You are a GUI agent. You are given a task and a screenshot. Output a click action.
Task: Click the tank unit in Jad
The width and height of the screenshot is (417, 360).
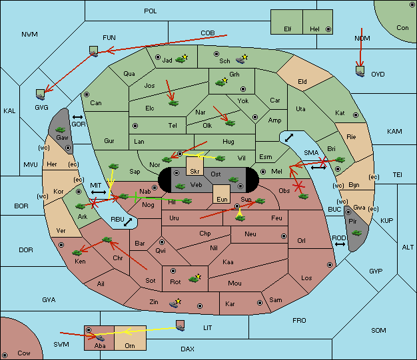pyautogui.click(x=181, y=59)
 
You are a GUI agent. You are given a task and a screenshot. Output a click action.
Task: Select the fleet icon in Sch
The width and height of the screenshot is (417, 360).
pyautogui.click(x=240, y=60)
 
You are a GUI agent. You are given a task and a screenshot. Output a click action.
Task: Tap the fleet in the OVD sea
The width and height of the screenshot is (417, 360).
pyautogui.click(x=360, y=71)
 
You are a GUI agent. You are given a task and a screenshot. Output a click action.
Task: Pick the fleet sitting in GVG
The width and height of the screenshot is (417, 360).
pyautogui.click(x=41, y=94)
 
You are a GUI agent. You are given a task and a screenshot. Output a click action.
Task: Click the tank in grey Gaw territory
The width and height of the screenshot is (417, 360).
pyautogui.click(x=61, y=130)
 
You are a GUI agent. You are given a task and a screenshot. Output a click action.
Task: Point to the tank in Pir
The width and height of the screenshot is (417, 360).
pyautogui.click(x=356, y=233)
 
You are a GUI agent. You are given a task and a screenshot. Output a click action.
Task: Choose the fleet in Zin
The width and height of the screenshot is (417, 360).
pyautogui.click(x=174, y=303)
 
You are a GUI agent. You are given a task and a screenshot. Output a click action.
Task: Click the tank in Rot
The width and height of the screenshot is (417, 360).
pyautogui.click(x=194, y=279)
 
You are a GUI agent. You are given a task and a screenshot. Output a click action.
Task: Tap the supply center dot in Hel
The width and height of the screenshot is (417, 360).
pyautogui.click(x=328, y=29)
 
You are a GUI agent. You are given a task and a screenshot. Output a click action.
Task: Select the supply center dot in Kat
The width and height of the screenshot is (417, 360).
pyautogui.click(x=356, y=115)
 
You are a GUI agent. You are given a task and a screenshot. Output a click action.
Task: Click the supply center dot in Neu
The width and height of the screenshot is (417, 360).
pyautogui.click(x=284, y=236)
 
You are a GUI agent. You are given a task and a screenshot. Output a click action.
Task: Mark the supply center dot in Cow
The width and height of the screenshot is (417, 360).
pyautogui.click(x=5, y=355)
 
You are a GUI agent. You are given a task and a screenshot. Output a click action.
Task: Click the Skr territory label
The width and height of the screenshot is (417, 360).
pyautogui.click(x=195, y=172)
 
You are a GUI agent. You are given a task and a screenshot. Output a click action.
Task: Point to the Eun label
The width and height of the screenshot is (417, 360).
pyautogui.click(x=222, y=199)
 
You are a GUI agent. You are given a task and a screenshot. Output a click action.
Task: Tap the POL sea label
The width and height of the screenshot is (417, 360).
pyautogui.click(x=151, y=11)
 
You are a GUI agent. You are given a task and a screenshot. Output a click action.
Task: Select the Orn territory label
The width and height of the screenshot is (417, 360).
pyautogui.click(x=130, y=345)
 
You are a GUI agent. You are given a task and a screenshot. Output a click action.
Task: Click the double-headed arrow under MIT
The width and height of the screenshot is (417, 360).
pyautogui.click(x=99, y=192)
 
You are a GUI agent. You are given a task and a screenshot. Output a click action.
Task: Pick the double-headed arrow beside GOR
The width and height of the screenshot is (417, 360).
pyautogui.click(x=78, y=117)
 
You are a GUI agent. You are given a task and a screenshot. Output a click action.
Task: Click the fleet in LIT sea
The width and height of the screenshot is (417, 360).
pyautogui.click(x=181, y=325)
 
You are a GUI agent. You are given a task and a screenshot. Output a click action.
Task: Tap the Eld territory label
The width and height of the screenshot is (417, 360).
pyautogui.click(x=302, y=82)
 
